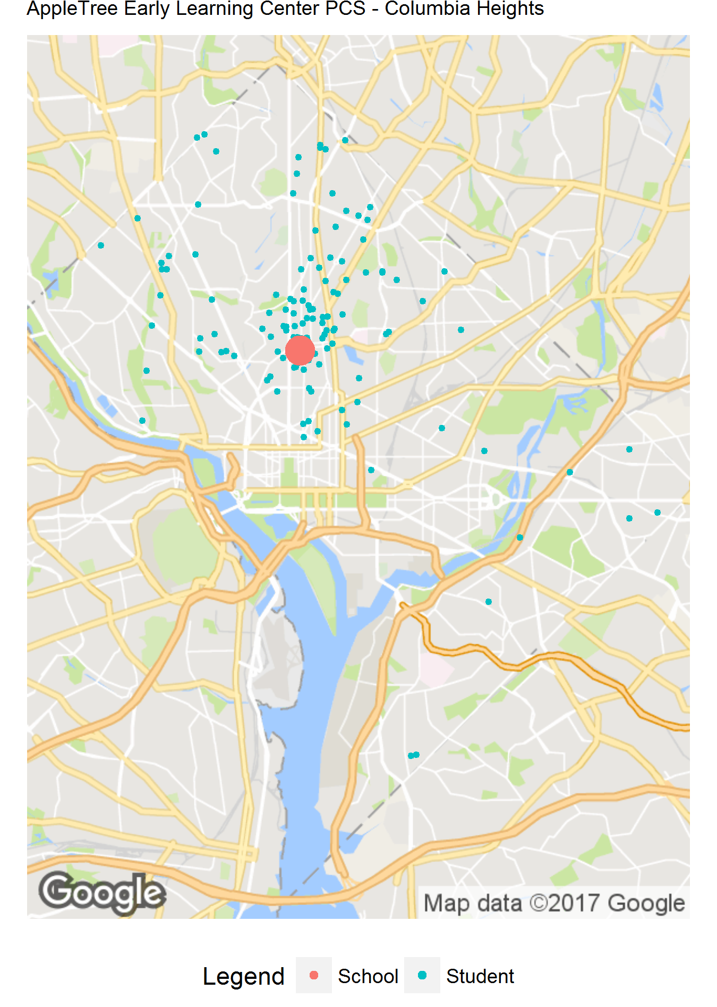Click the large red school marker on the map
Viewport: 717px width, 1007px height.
300,350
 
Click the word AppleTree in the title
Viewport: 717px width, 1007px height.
72,8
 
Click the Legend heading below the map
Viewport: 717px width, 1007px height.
243,976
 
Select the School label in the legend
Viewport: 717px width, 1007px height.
368,976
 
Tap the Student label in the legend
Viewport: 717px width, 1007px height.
480,976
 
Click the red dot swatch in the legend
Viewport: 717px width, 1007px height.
314,975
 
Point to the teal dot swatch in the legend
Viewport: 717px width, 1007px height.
422,975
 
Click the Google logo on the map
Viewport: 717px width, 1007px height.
102,893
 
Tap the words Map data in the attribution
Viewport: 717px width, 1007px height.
473,903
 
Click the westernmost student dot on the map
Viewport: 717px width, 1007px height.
101,245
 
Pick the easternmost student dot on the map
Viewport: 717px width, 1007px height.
658,513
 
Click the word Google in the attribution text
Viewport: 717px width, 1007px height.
646,903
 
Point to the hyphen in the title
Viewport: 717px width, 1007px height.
375,10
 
